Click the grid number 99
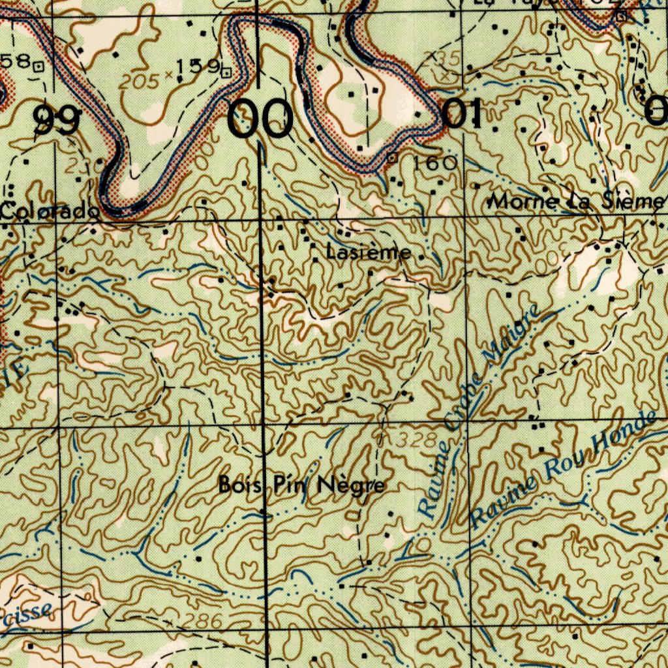[57, 121]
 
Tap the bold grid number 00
[260, 120]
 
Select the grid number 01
[462, 115]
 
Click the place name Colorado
[50, 211]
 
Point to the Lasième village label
[369, 252]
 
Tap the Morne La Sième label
[577, 202]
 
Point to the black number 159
[197, 67]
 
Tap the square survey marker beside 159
[226, 72]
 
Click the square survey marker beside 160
[392, 157]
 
